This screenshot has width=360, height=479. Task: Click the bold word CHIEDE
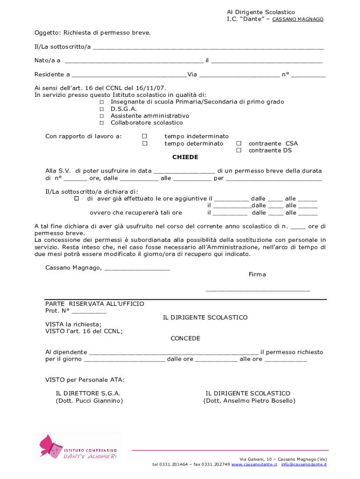[x=185, y=157]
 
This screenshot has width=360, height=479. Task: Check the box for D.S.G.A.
[x=101, y=109]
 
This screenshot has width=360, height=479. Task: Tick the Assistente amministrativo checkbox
[x=101, y=116]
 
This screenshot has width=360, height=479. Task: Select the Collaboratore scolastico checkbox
[x=101, y=123]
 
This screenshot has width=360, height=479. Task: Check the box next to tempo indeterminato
[x=144, y=136]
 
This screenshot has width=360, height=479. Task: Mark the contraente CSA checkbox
[x=238, y=144]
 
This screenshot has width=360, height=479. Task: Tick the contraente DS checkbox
[x=238, y=150]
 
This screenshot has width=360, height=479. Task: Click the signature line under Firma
[x=258, y=291]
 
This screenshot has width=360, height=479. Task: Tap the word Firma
[x=257, y=275]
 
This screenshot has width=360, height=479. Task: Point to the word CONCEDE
[x=185, y=338]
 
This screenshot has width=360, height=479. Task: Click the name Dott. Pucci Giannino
[x=89, y=401]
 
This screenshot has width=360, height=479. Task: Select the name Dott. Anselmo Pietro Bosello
[x=249, y=401]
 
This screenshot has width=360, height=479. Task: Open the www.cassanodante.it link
[x=254, y=464]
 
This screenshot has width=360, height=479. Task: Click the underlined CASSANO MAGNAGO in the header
[x=298, y=20]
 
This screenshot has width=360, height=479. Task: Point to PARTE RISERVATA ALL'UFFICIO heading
[x=94, y=304]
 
